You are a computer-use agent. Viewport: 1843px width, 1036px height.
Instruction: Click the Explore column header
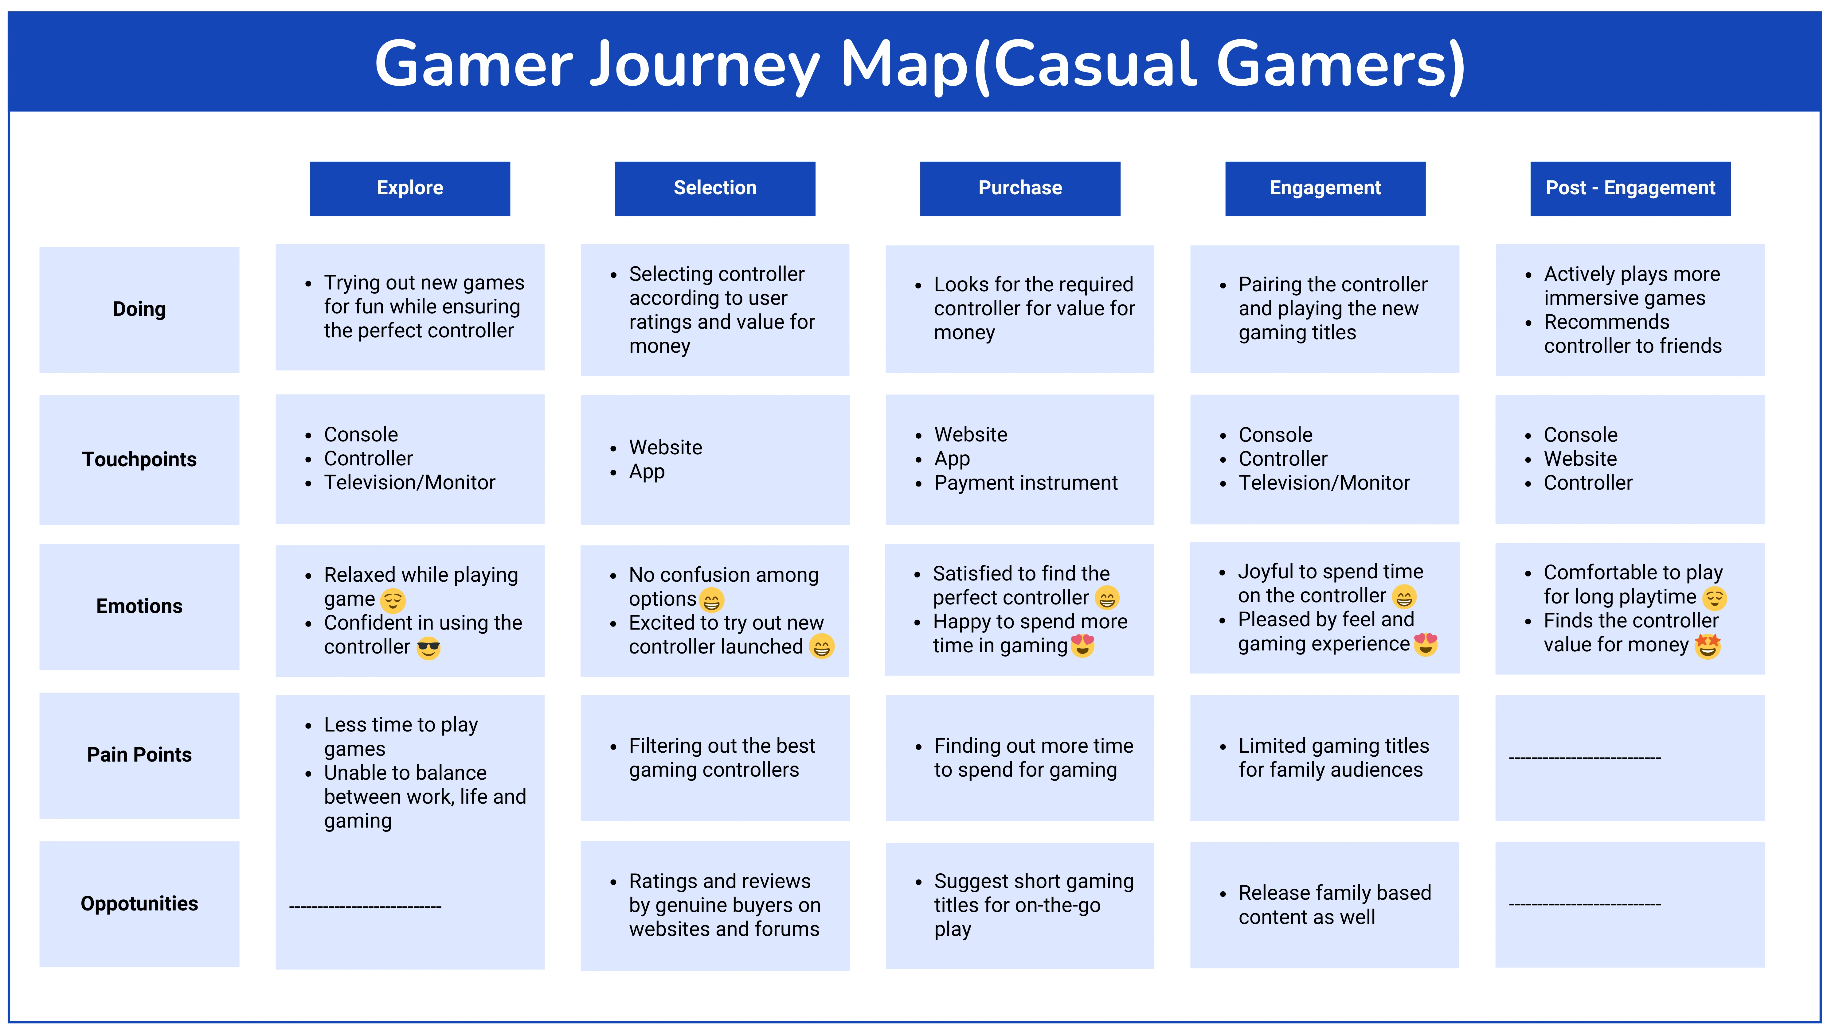410,189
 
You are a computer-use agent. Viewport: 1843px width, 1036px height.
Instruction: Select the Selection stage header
715,189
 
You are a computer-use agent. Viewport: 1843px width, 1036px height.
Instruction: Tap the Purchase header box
1020,189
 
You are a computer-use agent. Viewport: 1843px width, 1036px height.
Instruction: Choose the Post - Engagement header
1630,189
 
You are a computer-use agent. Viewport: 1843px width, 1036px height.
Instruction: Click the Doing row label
139,310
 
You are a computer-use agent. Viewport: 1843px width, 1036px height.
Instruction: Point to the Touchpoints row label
139,460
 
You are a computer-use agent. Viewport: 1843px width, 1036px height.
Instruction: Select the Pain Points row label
139,755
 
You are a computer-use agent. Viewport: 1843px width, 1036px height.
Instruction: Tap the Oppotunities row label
139,904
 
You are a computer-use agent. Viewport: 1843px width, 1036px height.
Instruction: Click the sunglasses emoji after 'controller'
428,648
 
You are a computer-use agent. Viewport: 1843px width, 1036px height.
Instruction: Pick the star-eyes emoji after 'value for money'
1708,646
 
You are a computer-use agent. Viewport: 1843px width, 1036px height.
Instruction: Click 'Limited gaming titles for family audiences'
1334,758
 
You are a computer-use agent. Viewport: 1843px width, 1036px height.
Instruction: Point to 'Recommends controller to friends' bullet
1633,334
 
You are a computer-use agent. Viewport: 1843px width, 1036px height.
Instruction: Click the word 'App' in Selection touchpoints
647,473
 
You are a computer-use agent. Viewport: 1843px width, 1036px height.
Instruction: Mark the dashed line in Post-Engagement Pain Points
1585,758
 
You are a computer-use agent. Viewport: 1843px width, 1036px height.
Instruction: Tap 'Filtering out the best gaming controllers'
722,758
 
